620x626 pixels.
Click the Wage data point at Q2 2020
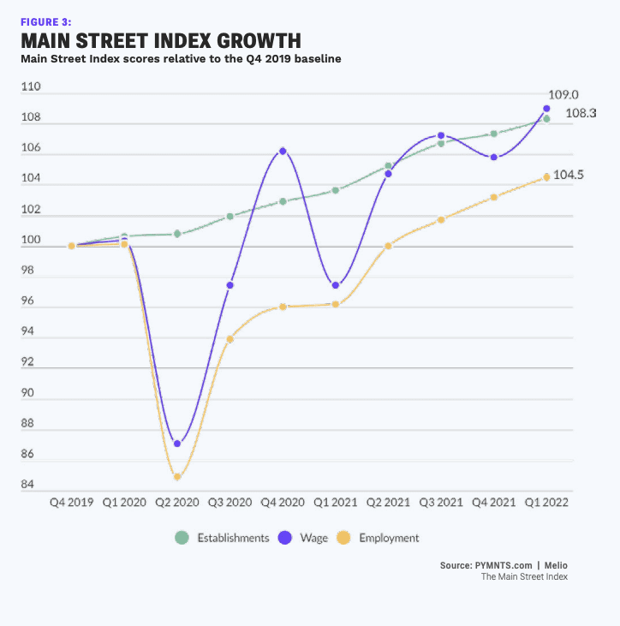pos(177,444)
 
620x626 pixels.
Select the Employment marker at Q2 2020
pos(177,477)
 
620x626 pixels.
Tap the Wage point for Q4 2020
pos(283,151)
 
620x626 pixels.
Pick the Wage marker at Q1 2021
pos(336,285)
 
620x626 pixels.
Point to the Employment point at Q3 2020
pos(230,339)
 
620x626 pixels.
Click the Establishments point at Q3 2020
pos(230,217)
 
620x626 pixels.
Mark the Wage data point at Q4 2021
pos(494,158)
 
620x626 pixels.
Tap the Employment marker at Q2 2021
pos(388,246)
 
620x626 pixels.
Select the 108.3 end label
pos(581,114)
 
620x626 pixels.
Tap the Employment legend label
pos(390,538)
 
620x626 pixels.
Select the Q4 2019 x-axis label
pos(72,503)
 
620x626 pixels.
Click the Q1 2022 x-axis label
pos(545,503)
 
